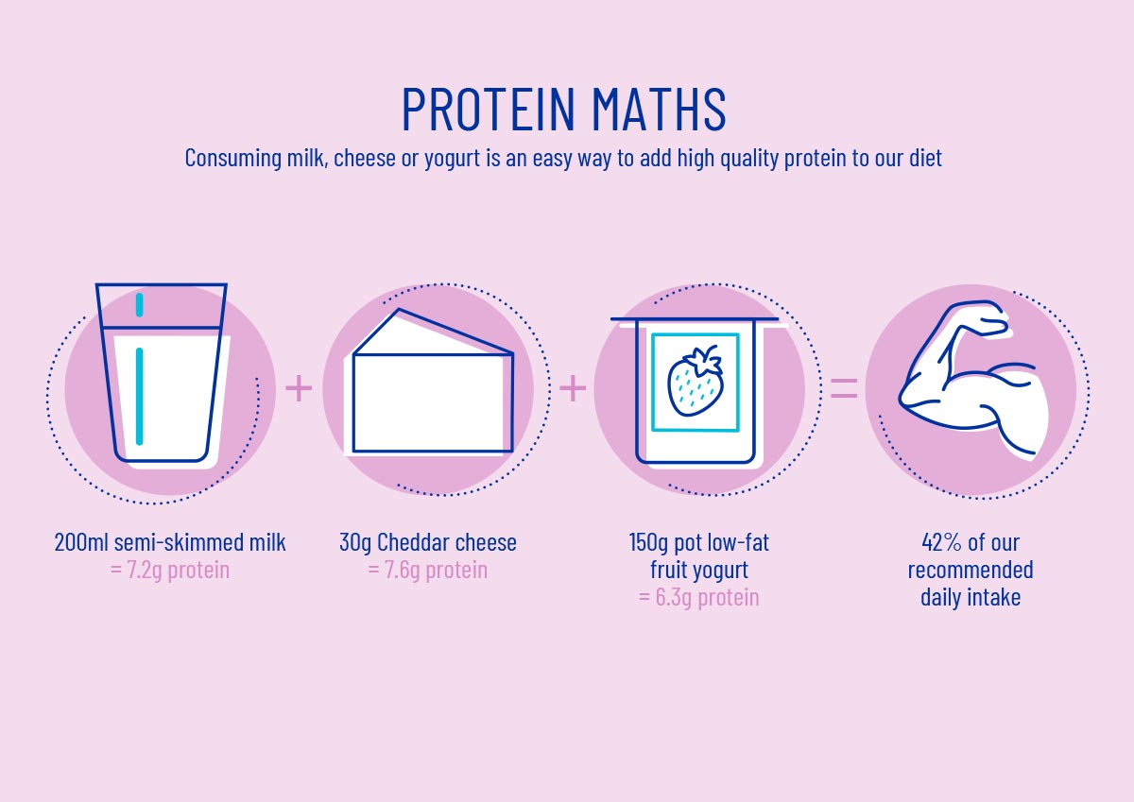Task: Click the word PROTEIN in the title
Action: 489,110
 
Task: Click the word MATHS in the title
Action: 660,110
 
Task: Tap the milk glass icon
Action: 162,373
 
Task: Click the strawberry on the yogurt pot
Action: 696,381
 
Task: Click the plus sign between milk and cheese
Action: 299,388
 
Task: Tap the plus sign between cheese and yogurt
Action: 573,388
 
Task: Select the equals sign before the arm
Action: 845,387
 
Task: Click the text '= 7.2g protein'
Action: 170,570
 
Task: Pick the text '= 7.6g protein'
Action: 428,570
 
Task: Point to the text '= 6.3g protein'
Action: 699,597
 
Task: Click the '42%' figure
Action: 941,542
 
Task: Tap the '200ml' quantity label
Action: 81,542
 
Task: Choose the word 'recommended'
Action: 971,570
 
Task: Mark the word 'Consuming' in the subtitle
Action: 232,158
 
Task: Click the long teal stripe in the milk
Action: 139,397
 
